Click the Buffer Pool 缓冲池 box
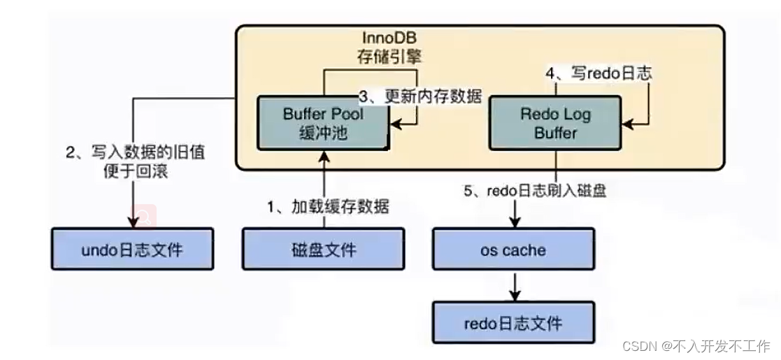pos(324,123)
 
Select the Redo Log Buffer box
pos(556,123)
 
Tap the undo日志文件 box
pos(132,249)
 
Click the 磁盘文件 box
pos(323,249)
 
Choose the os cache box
pos(514,249)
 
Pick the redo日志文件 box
pos(514,324)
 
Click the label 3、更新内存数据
pos(420,96)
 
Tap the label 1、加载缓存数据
pos(329,206)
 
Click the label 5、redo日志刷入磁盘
pos(535,189)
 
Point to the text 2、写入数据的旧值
pos(136,152)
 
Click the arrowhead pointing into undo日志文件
pos(132,222)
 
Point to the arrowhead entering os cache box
pos(514,222)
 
